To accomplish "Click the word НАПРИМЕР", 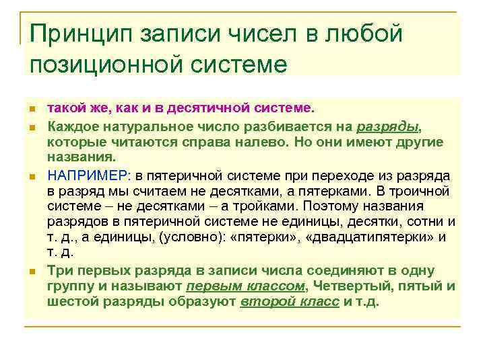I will (88, 175).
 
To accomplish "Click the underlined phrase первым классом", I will (245, 286).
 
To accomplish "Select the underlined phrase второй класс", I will (289, 301).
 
